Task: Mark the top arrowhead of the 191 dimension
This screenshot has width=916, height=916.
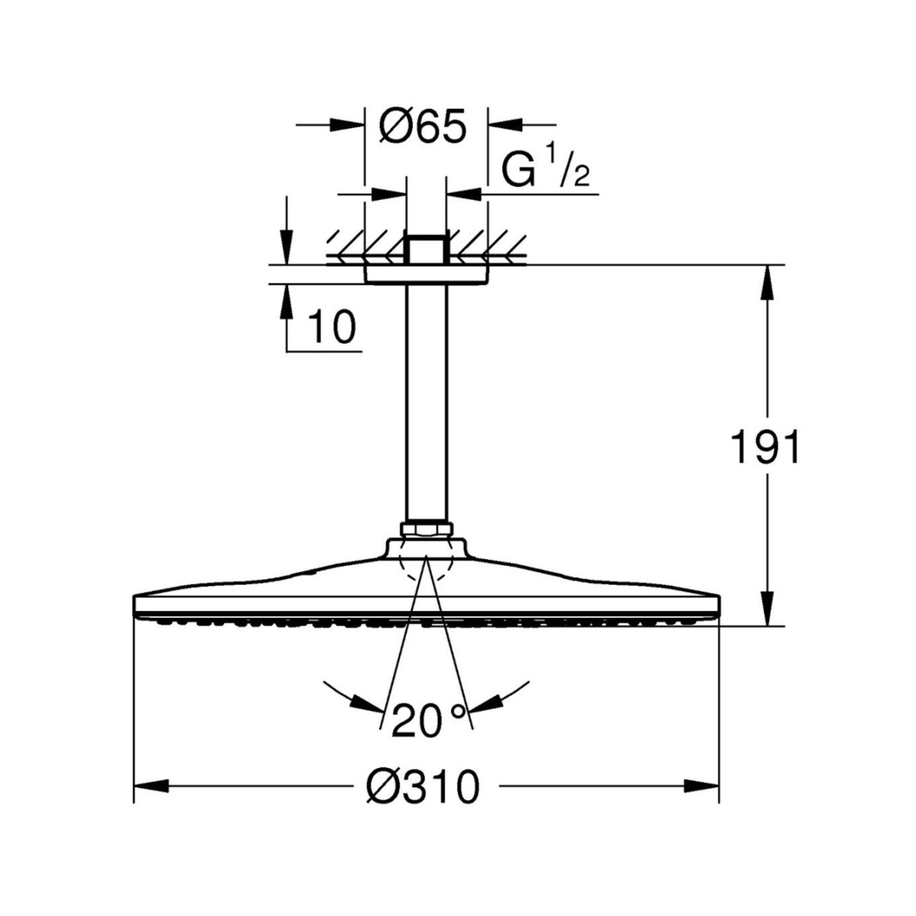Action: pos(768,282)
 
